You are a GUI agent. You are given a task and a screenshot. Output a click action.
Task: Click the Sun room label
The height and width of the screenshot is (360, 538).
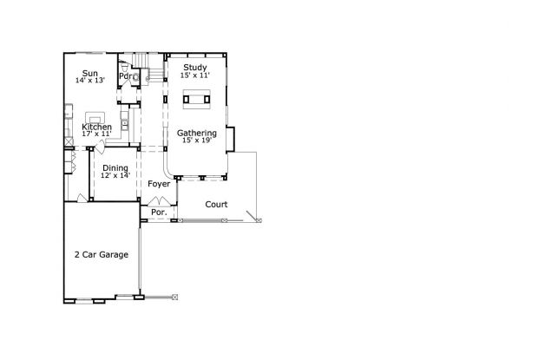point(90,73)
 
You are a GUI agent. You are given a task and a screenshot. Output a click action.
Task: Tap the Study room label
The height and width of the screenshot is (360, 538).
point(195,68)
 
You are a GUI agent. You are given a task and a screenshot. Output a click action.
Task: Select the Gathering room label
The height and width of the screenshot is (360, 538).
point(197,133)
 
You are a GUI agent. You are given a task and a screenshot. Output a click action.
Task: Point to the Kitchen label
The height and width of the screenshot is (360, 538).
point(97,127)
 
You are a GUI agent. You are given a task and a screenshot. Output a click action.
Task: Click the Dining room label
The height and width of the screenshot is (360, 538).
point(115,168)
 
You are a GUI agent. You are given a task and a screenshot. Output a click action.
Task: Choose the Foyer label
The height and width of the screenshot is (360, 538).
point(159,184)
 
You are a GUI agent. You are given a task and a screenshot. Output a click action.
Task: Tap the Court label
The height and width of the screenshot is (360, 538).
point(216,205)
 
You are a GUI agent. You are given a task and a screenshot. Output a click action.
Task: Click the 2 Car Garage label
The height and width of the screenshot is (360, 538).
point(102,255)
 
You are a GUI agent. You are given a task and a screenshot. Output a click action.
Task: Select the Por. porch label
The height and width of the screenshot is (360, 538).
point(159,213)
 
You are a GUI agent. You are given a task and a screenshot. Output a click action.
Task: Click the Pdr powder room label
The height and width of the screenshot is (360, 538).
point(126,75)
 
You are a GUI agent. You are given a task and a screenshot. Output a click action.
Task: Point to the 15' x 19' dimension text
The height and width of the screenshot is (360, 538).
point(197,141)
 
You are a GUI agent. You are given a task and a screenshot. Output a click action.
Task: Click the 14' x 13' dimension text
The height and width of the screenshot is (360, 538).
point(90,80)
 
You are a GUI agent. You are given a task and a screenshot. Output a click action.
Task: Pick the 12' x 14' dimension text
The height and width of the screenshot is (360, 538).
point(115,175)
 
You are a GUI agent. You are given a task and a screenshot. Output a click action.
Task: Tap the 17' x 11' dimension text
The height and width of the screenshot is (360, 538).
point(97,134)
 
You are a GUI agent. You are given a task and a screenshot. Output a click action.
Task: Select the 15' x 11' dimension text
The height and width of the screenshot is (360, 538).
point(195,75)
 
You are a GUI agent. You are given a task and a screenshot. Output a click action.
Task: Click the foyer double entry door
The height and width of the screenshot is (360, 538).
point(159,201)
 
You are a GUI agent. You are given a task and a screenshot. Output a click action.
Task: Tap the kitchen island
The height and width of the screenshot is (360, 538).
point(95,117)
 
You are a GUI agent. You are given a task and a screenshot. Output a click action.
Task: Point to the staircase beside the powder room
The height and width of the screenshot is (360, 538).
point(148,68)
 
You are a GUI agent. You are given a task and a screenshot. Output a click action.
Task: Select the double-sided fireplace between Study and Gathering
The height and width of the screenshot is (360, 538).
point(197,99)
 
